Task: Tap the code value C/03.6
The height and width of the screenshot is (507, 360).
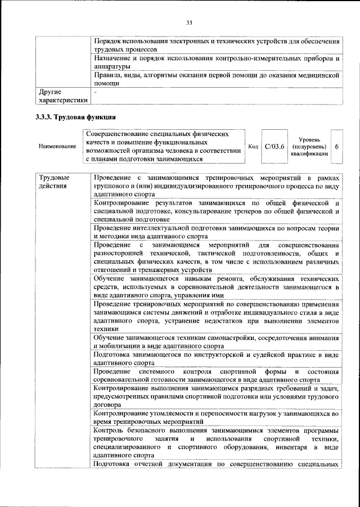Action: click(x=274, y=146)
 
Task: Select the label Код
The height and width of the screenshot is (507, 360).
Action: click(x=253, y=147)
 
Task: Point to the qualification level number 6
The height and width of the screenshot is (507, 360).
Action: click(x=336, y=146)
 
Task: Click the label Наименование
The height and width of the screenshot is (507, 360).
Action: click(x=57, y=147)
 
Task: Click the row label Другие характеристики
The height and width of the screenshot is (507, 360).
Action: click(x=61, y=96)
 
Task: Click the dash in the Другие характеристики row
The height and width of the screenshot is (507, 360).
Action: click(x=96, y=90)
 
